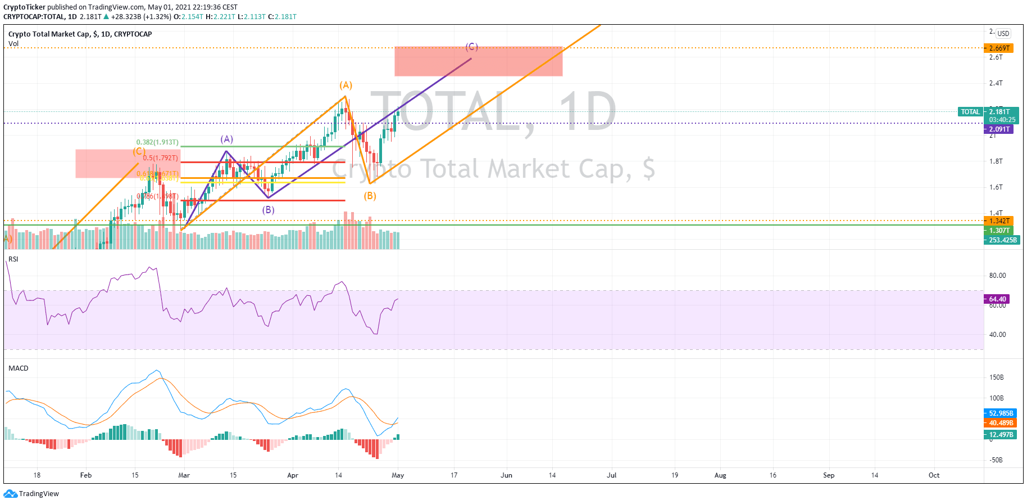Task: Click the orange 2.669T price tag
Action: pyautogui.click(x=999, y=48)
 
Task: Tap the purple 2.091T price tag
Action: pyautogui.click(x=999, y=129)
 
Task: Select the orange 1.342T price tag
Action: pyautogui.click(x=999, y=221)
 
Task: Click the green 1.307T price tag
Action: pyautogui.click(x=999, y=231)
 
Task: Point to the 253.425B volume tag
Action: pyautogui.click(x=1002, y=240)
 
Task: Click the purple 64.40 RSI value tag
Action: pyautogui.click(x=997, y=299)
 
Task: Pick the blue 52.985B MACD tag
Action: pyautogui.click(x=1001, y=413)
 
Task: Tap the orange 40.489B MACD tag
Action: pyautogui.click(x=1001, y=423)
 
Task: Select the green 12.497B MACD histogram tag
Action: pyautogui.click(x=1001, y=435)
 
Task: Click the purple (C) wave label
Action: pyautogui.click(x=471, y=47)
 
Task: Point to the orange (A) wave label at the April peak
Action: pyautogui.click(x=346, y=85)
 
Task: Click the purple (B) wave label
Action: pyautogui.click(x=269, y=210)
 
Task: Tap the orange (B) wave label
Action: pyautogui.click(x=370, y=196)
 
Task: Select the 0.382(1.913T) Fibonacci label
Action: pyautogui.click(x=157, y=142)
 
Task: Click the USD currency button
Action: pyautogui.click(x=1003, y=34)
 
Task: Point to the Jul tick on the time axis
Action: pyautogui.click(x=611, y=475)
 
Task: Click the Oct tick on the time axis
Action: pyautogui.click(x=934, y=475)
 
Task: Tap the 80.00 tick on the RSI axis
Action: pyautogui.click(x=997, y=276)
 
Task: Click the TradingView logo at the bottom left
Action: pyautogui.click(x=31, y=494)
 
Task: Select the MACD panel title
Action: pyautogui.click(x=19, y=368)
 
